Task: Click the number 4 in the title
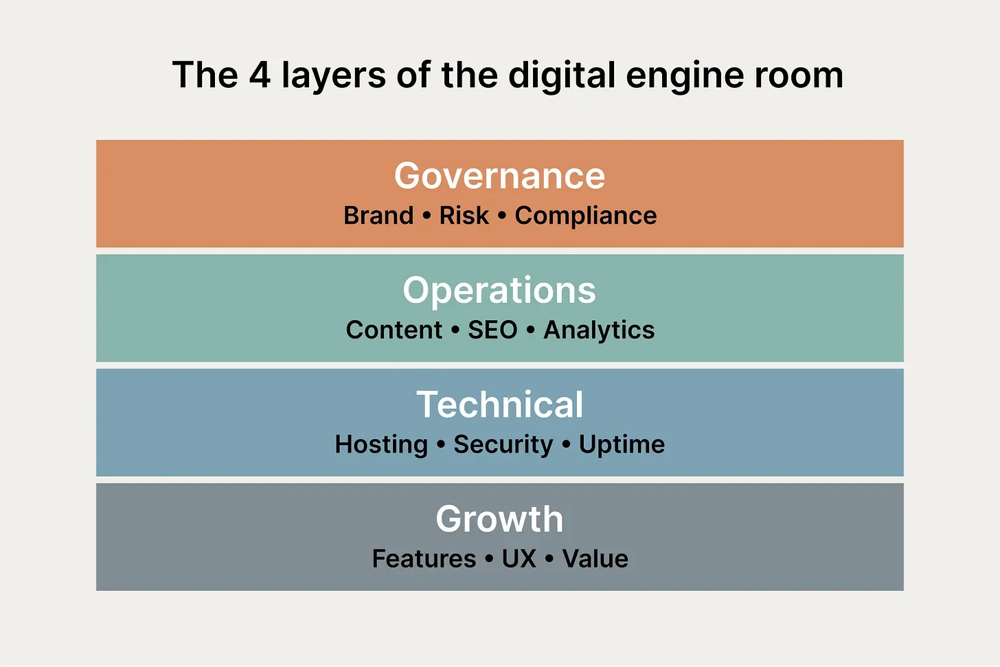coord(260,75)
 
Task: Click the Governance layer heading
coord(499,176)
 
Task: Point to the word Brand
coord(378,216)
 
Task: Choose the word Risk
coord(464,216)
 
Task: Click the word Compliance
coord(586,216)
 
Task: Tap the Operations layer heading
coord(499,291)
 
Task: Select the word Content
coord(394,330)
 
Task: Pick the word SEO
coord(492,330)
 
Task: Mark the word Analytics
coord(599,330)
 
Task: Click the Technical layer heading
coord(499,405)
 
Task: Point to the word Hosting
coord(381,445)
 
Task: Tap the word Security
coord(503,445)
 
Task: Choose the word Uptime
coord(622,445)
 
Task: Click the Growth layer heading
coord(499,519)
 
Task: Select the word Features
coord(424,559)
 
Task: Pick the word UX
coord(519,559)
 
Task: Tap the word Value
coord(595,559)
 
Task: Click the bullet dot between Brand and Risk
coord(427,216)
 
